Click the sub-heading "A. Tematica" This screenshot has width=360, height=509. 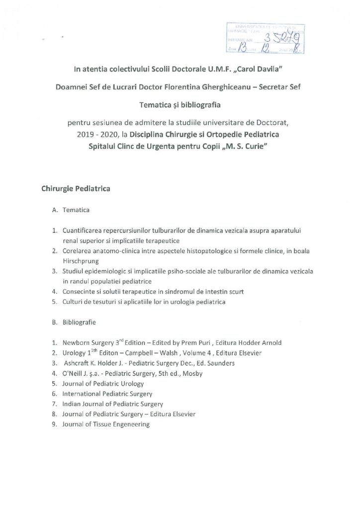[71, 210]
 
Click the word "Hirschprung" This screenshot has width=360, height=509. [80, 260]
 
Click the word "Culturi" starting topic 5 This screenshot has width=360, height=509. [73, 301]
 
